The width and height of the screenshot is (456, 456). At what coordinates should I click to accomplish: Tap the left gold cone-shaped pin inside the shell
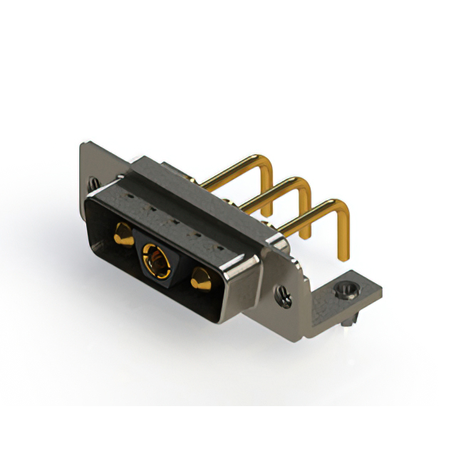click(123, 232)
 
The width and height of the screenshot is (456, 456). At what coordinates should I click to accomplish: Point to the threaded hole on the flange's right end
click(284, 293)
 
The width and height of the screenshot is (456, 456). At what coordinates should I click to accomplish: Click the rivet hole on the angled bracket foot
click(347, 290)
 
